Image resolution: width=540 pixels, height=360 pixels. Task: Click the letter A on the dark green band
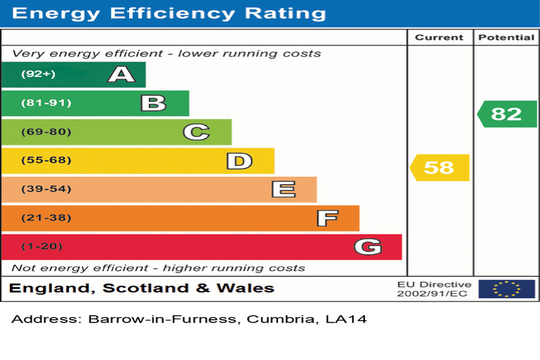[x=122, y=74]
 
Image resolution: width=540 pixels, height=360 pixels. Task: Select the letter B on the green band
[x=153, y=103]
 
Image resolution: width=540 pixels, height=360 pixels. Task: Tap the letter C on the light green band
[x=196, y=132]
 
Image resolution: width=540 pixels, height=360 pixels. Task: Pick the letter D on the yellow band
[x=239, y=161]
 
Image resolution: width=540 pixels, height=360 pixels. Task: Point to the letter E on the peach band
[x=283, y=190]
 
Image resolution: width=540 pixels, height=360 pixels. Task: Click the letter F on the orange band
[x=327, y=218]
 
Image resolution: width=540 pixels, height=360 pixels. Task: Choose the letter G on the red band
[x=367, y=247]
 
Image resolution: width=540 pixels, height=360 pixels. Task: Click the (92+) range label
[x=38, y=74]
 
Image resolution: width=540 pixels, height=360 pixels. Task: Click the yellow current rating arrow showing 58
[x=440, y=167]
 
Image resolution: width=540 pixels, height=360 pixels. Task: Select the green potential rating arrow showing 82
[x=507, y=114]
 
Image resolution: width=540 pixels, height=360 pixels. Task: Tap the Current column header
[x=439, y=38]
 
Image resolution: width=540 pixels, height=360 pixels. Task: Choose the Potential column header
[x=506, y=38]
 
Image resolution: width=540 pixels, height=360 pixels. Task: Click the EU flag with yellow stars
[x=506, y=289]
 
